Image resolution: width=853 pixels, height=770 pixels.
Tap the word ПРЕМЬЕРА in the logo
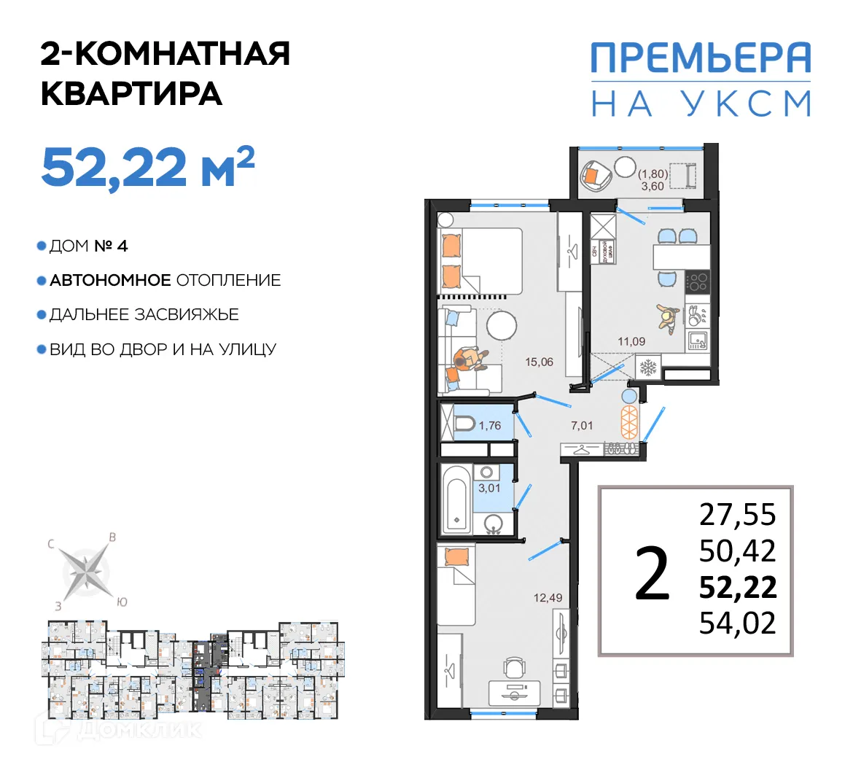(700, 58)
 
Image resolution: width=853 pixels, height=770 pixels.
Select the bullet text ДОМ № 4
(88, 246)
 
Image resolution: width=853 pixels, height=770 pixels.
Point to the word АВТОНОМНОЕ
(110, 281)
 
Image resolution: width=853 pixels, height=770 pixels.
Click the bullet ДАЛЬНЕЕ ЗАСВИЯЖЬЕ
(144, 315)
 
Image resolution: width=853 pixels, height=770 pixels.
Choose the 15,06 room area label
(539, 362)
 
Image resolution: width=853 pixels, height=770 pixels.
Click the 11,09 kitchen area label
(631, 341)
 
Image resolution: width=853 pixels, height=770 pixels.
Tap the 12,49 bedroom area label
(548, 598)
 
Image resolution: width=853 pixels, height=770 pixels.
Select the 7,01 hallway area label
(582, 425)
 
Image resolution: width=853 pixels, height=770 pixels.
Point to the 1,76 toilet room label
(490, 426)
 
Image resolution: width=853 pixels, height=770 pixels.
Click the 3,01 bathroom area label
(489, 488)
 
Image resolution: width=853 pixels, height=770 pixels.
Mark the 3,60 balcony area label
(653, 186)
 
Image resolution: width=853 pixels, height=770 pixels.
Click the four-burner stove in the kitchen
(698, 281)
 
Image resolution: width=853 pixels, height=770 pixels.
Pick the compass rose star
(86, 569)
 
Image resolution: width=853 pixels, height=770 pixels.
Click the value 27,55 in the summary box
(737, 515)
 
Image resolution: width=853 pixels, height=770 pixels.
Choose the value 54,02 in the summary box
(737, 623)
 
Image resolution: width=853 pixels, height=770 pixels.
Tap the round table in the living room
(502, 325)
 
